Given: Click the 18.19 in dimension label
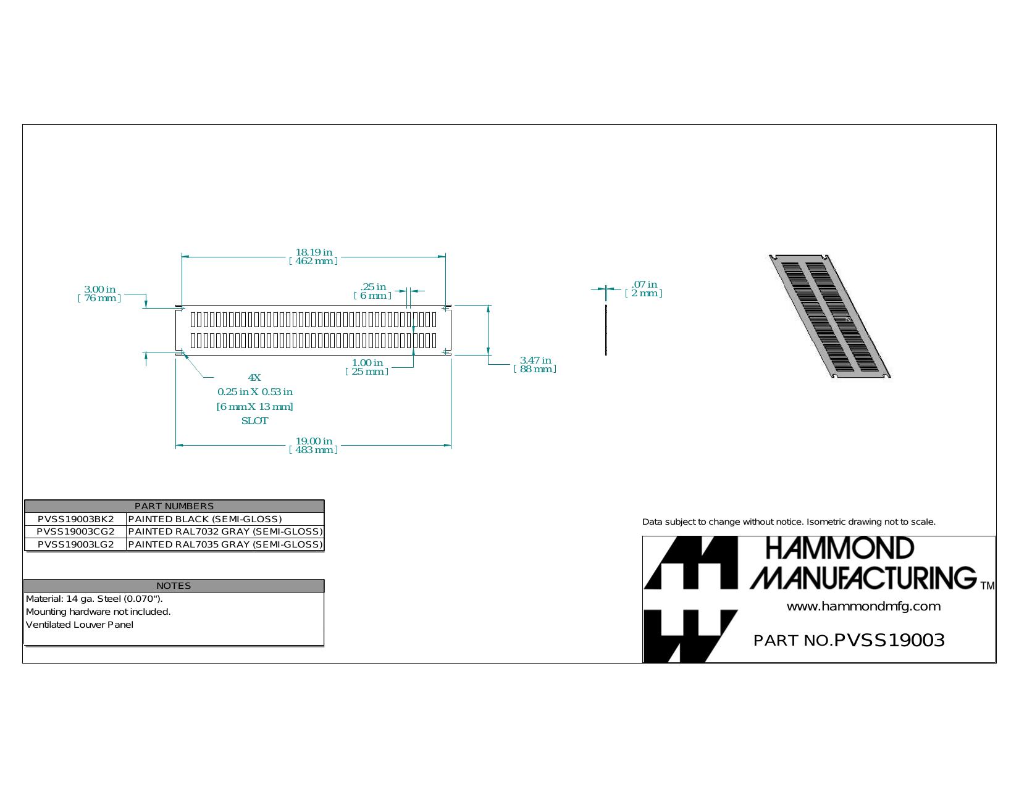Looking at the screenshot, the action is point(314,252).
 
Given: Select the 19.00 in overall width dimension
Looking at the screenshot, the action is point(314,441).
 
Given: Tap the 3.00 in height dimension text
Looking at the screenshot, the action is point(99,289).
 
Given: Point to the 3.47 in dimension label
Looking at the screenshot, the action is point(535,360).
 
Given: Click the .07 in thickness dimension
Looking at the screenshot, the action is point(644,284).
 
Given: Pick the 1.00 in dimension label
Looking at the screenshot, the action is point(367,362).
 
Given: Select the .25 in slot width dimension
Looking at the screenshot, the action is point(373,286).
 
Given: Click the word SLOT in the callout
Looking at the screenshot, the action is point(254,420).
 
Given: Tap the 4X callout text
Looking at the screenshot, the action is point(254,377).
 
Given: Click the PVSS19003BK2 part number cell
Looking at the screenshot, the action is point(75,519).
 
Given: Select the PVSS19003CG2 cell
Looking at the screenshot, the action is point(75,531).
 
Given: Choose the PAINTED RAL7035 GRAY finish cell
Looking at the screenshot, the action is point(225,544).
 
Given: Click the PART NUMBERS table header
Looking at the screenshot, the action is point(174,506).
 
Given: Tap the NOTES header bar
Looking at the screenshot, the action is point(174,586).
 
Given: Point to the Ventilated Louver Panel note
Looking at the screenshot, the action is point(79,625).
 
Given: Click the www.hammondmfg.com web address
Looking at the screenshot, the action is point(864,606).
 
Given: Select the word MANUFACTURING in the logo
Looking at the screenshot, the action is point(863,578).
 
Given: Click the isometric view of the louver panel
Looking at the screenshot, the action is point(829,317).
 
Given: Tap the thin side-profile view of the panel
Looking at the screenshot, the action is point(606,330).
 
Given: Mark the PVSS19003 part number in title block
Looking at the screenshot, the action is point(889,640).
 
